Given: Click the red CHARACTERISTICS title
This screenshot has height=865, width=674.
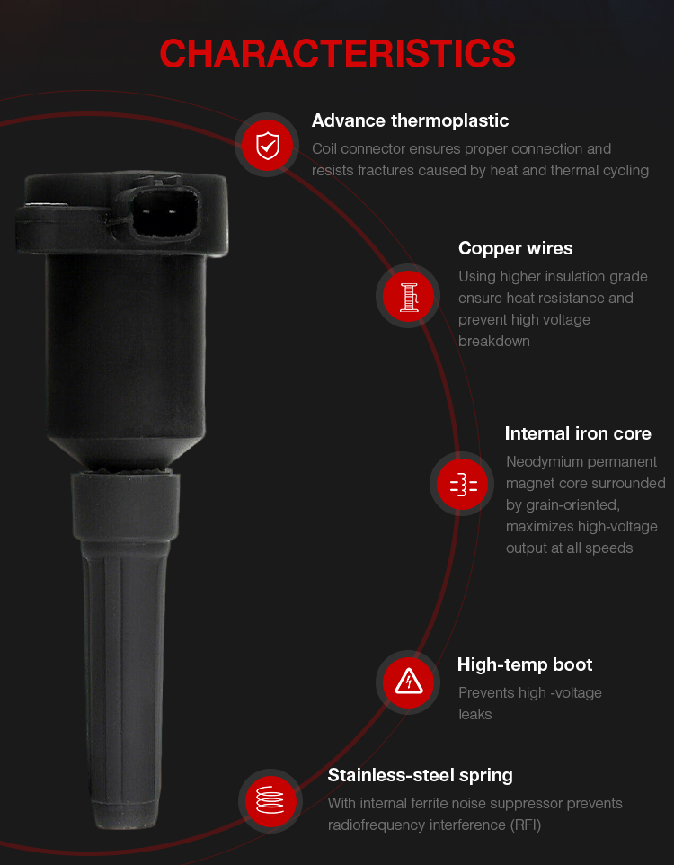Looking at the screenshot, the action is point(337,53).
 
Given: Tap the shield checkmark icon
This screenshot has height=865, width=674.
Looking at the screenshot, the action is point(268,145).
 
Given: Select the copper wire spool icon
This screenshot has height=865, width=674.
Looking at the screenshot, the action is point(408,296).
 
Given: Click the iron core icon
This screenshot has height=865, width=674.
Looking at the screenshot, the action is point(463,484).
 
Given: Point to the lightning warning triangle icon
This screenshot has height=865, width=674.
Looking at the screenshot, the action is point(408,682).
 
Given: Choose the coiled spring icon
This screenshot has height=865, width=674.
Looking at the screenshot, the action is point(270,800).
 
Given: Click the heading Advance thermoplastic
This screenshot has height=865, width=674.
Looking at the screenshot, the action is point(410,120).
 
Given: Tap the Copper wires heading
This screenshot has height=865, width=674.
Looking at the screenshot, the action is point(515,248).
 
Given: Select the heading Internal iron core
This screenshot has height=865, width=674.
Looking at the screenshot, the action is point(578,433).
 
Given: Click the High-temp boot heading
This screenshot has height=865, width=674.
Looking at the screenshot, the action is point(525,664).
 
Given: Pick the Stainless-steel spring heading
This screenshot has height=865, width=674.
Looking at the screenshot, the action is point(420,775).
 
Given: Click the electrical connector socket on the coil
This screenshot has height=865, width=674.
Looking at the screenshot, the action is point(164,212).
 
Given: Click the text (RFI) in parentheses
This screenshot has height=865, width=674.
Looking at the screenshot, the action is point(525,825).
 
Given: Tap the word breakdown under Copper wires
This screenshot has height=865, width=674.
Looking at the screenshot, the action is point(493,342).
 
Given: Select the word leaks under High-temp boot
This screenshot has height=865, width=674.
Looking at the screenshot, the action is point(474,715).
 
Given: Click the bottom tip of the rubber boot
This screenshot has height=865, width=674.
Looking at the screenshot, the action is point(128,827).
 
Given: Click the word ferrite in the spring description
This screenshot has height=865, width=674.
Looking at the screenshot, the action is point(430,803).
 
